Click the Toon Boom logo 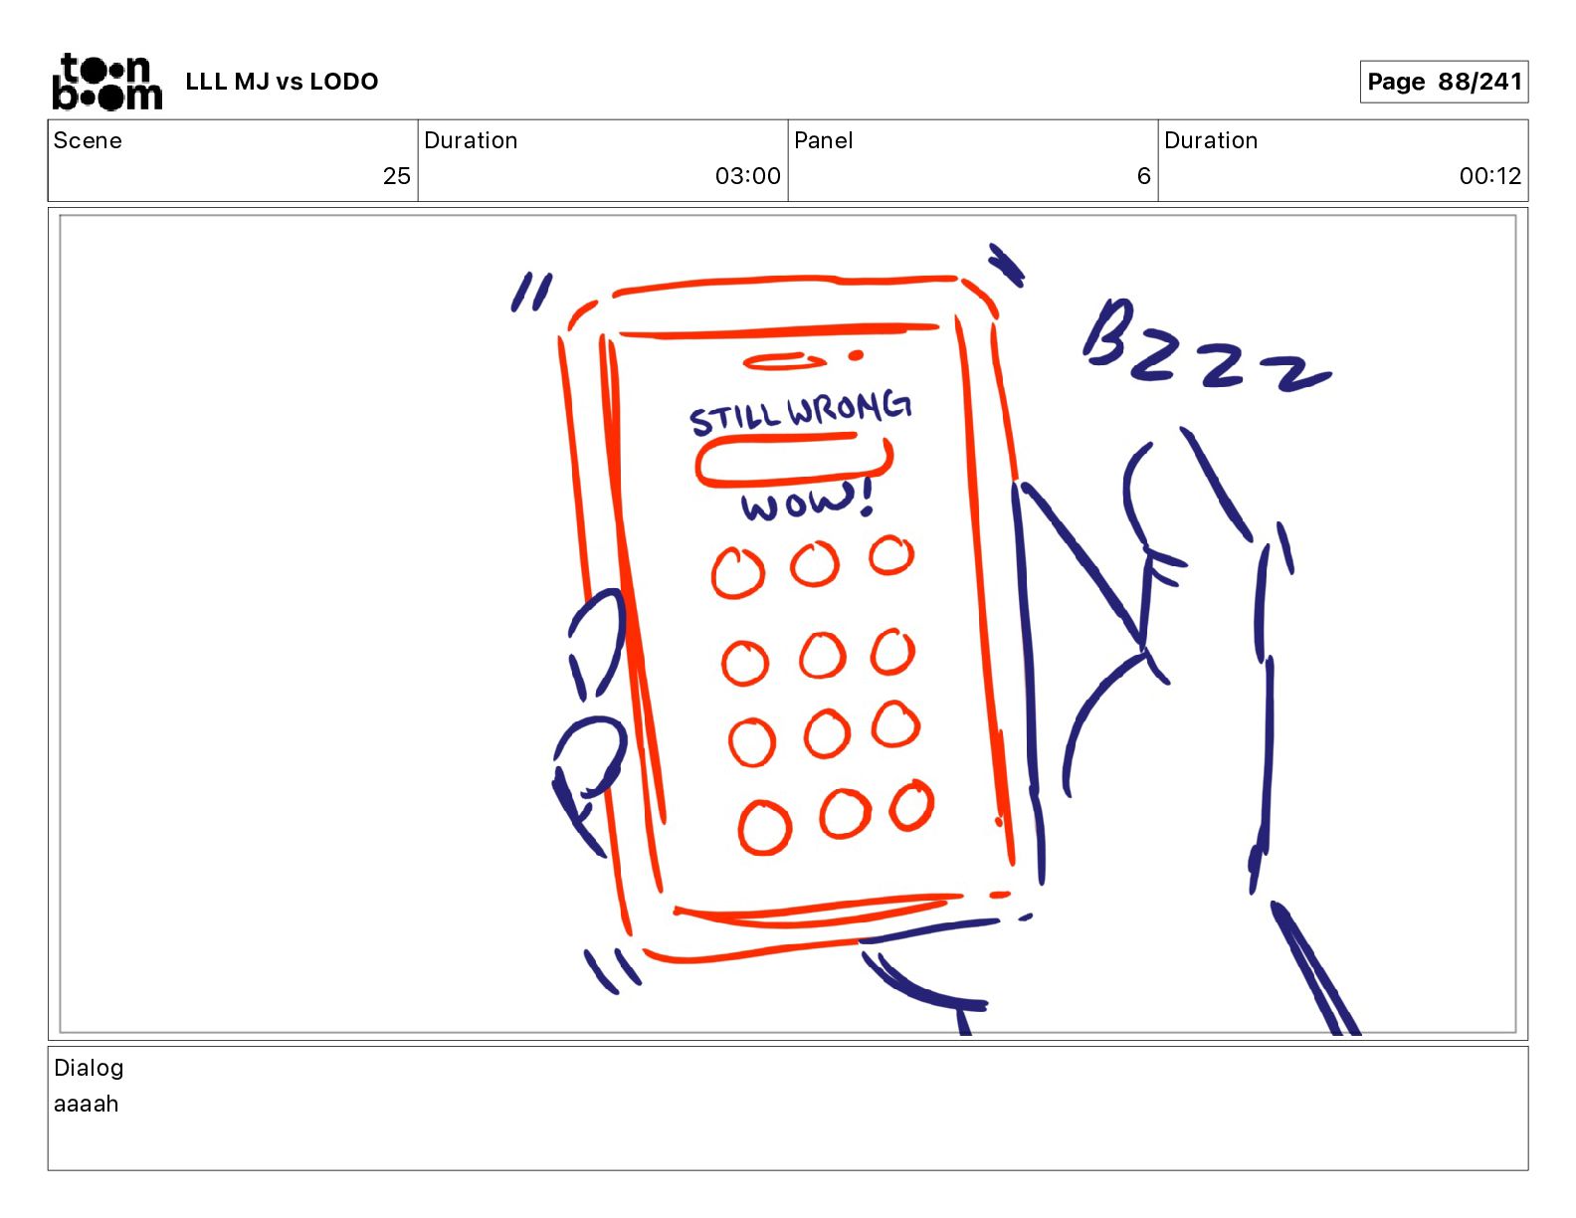[x=107, y=82]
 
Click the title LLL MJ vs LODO [x=282, y=82]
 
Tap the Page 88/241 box [x=1443, y=82]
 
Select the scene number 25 [x=396, y=175]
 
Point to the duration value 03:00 [x=747, y=175]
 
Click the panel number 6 [x=1143, y=175]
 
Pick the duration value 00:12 [x=1489, y=175]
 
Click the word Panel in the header [x=823, y=140]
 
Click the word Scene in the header [x=88, y=140]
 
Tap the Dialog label [x=89, y=1068]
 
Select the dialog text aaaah [x=86, y=1104]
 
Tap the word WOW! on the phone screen [x=807, y=501]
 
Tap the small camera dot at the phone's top [x=856, y=355]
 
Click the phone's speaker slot [x=783, y=361]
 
